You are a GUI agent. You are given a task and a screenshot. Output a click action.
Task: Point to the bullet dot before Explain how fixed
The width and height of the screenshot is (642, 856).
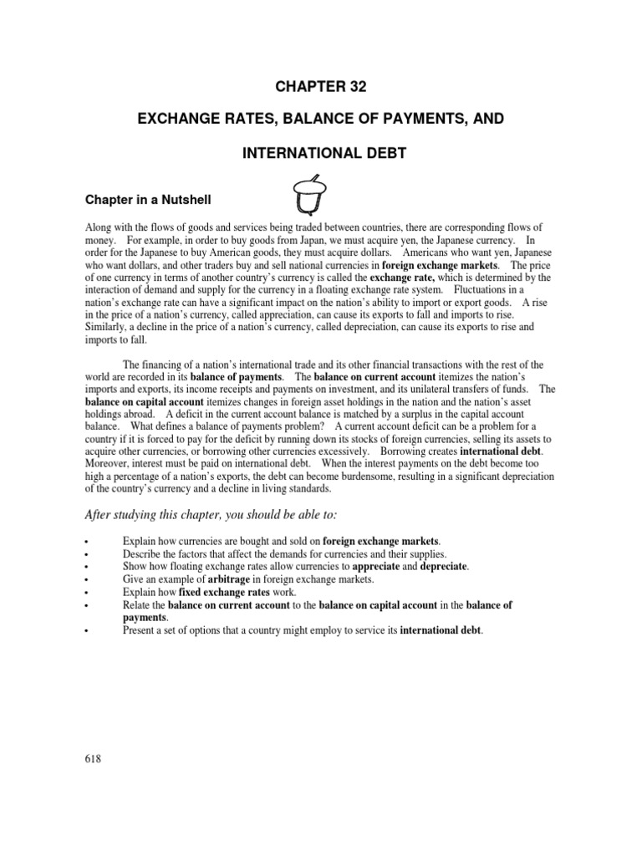(x=87, y=592)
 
